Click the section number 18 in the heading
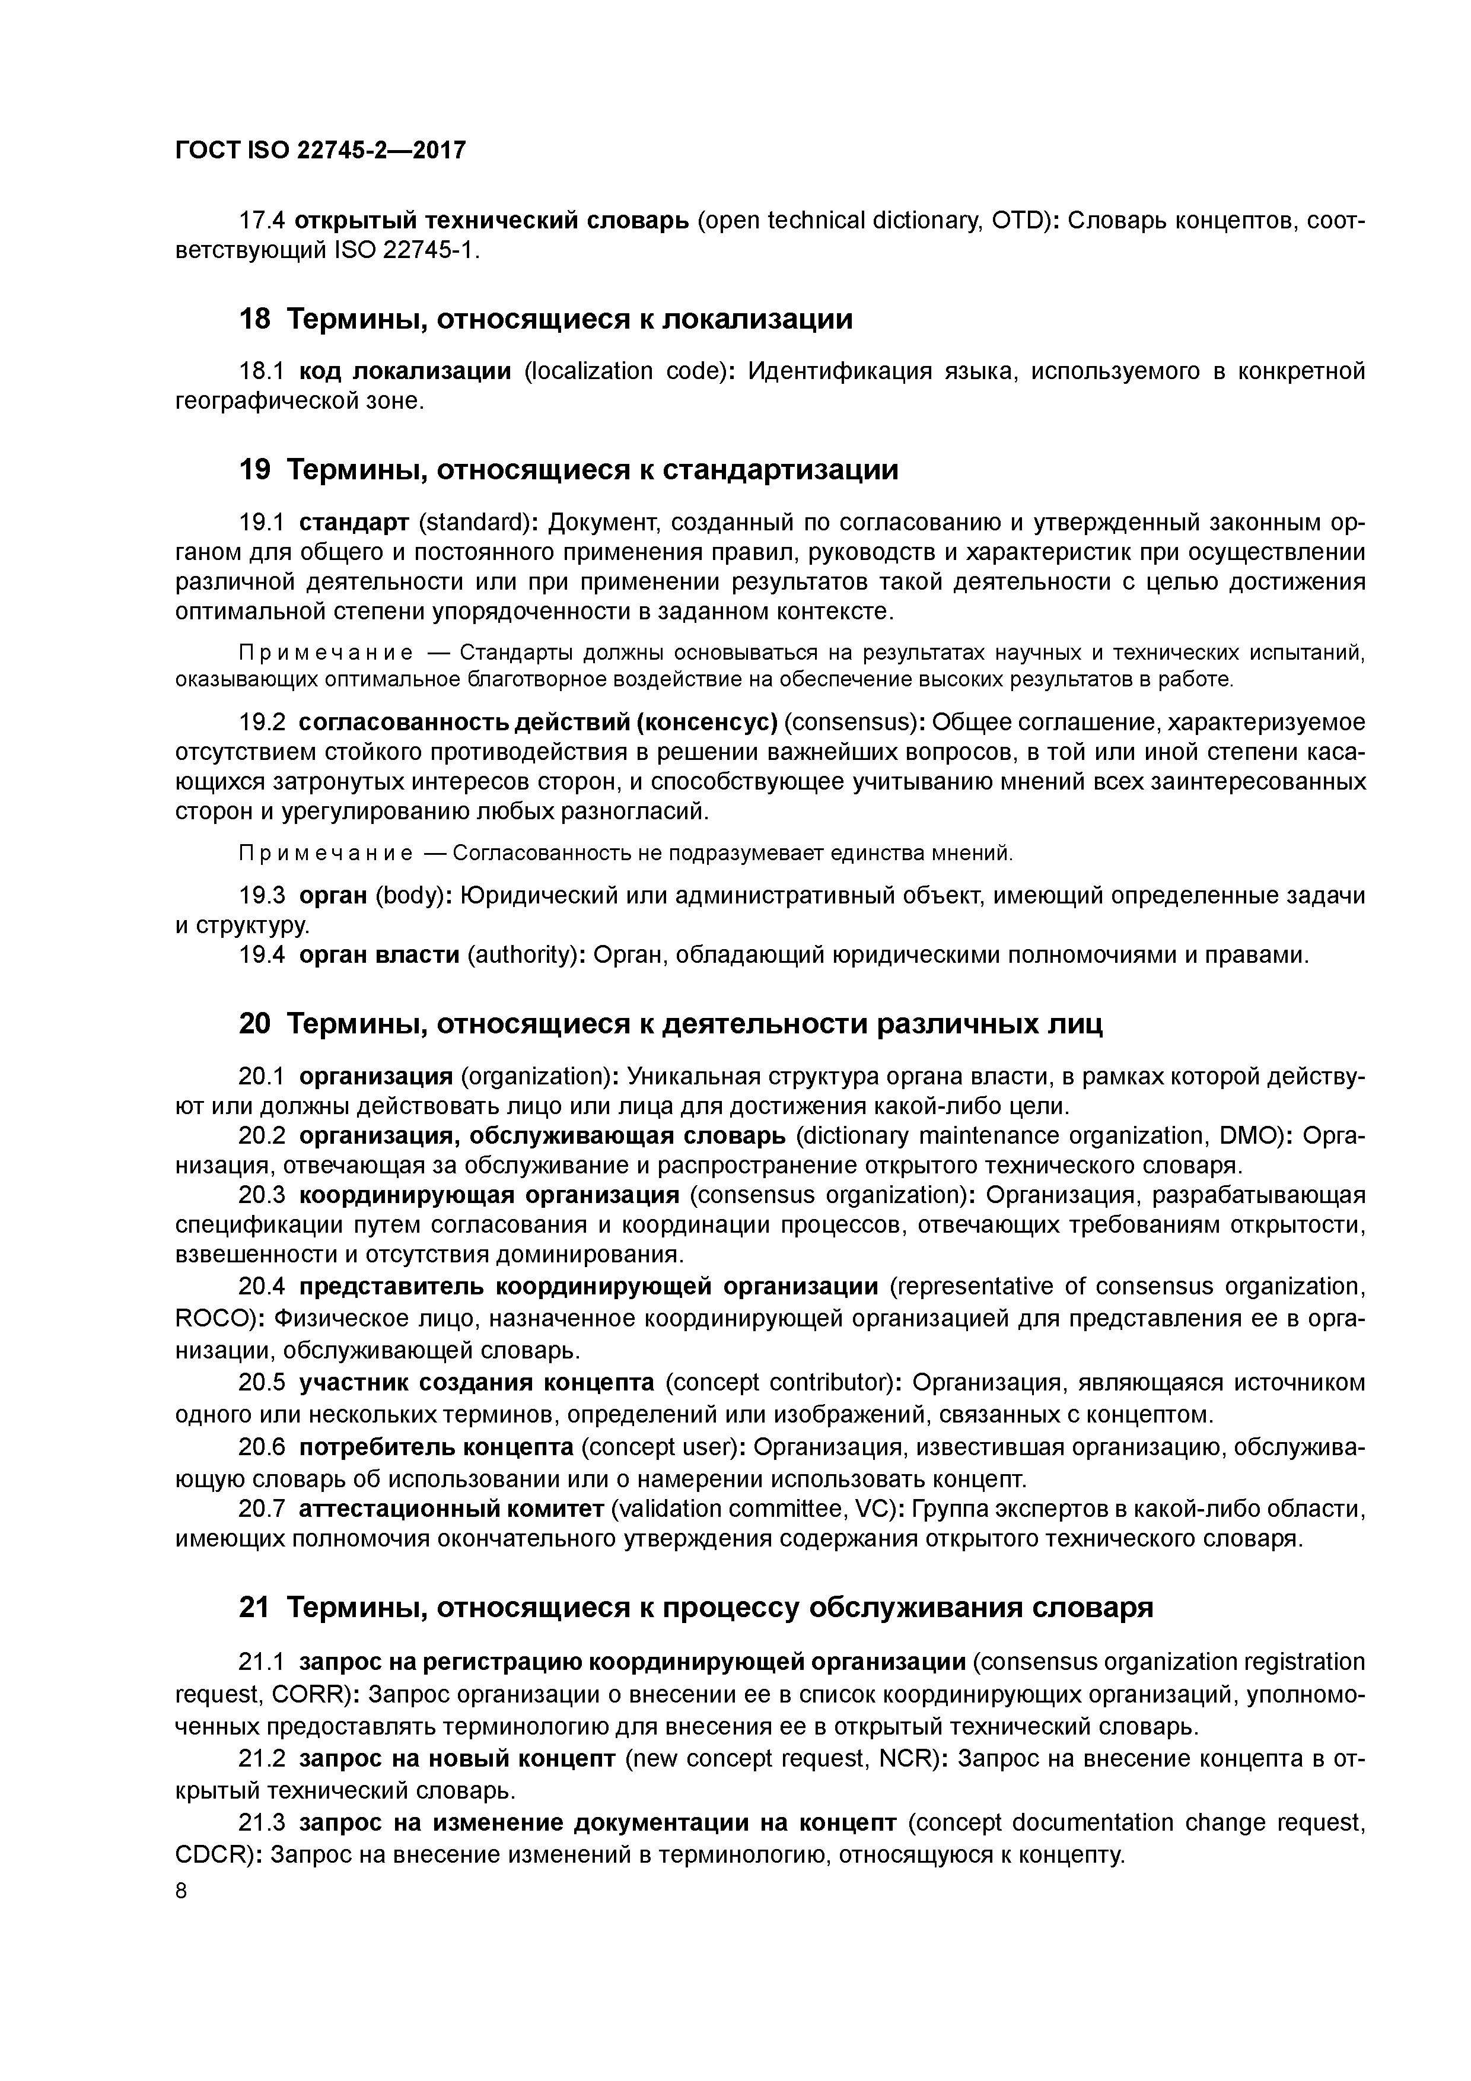254,319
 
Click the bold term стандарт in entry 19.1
354,523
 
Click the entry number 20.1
261,1076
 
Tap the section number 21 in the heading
254,1607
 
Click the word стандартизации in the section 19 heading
781,469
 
